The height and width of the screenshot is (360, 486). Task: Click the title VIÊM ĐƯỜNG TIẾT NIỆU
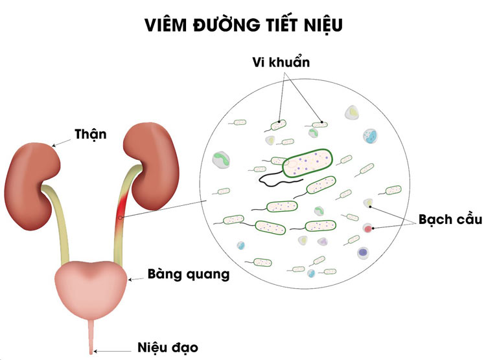pyautogui.click(x=244, y=25)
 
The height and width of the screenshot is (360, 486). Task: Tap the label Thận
pyautogui.click(x=91, y=134)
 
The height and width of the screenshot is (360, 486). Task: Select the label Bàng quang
pyautogui.click(x=189, y=275)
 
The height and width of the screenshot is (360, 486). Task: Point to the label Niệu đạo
pyautogui.click(x=168, y=347)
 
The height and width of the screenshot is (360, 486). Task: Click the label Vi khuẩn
pyautogui.click(x=281, y=62)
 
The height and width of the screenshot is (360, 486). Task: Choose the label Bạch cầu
pyautogui.click(x=450, y=219)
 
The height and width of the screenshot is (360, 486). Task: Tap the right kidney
pyautogui.click(x=152, y=166)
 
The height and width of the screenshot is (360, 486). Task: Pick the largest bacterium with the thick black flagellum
pyautogui.click(x=307, y=163)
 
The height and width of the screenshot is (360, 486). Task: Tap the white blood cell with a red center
pyautogui.click(x=367, y=229)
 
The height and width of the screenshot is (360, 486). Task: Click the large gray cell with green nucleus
pyautogui.click(x=221, y=160)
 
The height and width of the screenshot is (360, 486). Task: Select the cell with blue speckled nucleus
pyautogui.click(x=370, y=136)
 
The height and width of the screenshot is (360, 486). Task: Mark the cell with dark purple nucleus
pyautogui.click(x=364, y=253)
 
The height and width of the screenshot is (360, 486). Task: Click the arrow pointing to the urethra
pyautogui.click(x=112, y=352)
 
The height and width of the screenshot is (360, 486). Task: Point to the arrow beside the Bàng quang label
pyautogui.click(x=136, y=279)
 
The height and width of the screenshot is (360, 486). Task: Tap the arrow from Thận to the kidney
pyautogui.click(x=61, y=142)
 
